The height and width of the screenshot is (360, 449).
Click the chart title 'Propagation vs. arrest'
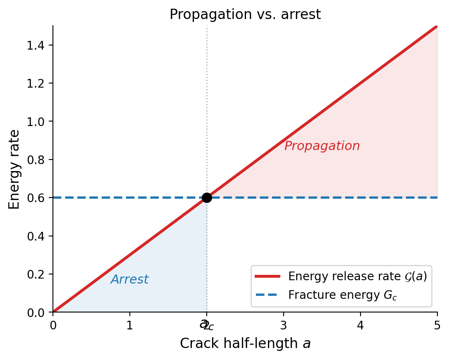click(245, 14)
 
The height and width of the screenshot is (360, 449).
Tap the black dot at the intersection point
click(207, 198)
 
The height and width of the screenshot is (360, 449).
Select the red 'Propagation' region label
click(322, 146)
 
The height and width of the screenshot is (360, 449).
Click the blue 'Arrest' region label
click(129, 280)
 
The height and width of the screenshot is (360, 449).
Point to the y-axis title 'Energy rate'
click(14, 169)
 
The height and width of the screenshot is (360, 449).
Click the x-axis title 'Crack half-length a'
click(245, 343)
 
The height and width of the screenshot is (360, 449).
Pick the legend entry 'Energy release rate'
click(357, 276)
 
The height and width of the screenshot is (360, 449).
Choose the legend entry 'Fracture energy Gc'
click(343, 295)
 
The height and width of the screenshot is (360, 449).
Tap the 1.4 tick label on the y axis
click(36, 45)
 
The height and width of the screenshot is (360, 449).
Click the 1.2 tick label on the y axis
click(36, 83)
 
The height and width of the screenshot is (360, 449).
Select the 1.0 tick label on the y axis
click(36, 122)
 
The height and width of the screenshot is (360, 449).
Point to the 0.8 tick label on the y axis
click(36, 160)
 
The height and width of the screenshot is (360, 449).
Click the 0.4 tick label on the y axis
click(36, 236)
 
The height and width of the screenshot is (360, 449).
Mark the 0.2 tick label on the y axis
click(36, 274)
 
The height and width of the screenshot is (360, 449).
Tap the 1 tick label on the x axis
click(130, 325)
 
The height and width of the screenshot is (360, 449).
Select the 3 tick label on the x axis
click(284, 325)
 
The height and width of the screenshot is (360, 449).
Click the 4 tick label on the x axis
click(361, 325)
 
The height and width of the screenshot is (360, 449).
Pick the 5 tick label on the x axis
click(437, 325)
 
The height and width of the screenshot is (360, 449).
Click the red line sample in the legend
click(268, 276)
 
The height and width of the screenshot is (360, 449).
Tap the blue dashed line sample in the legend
click(268, 295)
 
